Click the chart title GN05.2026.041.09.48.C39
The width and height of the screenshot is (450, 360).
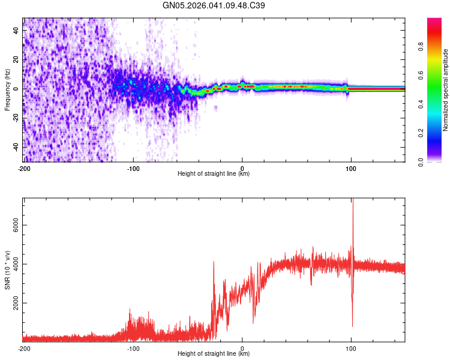(214, 6)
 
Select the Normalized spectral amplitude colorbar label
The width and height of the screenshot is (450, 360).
(446, 90)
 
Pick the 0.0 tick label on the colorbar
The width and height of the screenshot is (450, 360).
(437, 161)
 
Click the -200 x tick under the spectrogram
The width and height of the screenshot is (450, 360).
(24, 168)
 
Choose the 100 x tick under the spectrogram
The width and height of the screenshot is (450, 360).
(351, 168)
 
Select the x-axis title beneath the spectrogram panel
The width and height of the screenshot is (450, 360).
(214, 174)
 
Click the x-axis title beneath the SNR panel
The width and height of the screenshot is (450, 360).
(214, 354)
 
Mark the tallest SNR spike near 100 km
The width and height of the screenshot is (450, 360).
(353, 201)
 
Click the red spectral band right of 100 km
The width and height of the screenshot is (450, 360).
(378, 89)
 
